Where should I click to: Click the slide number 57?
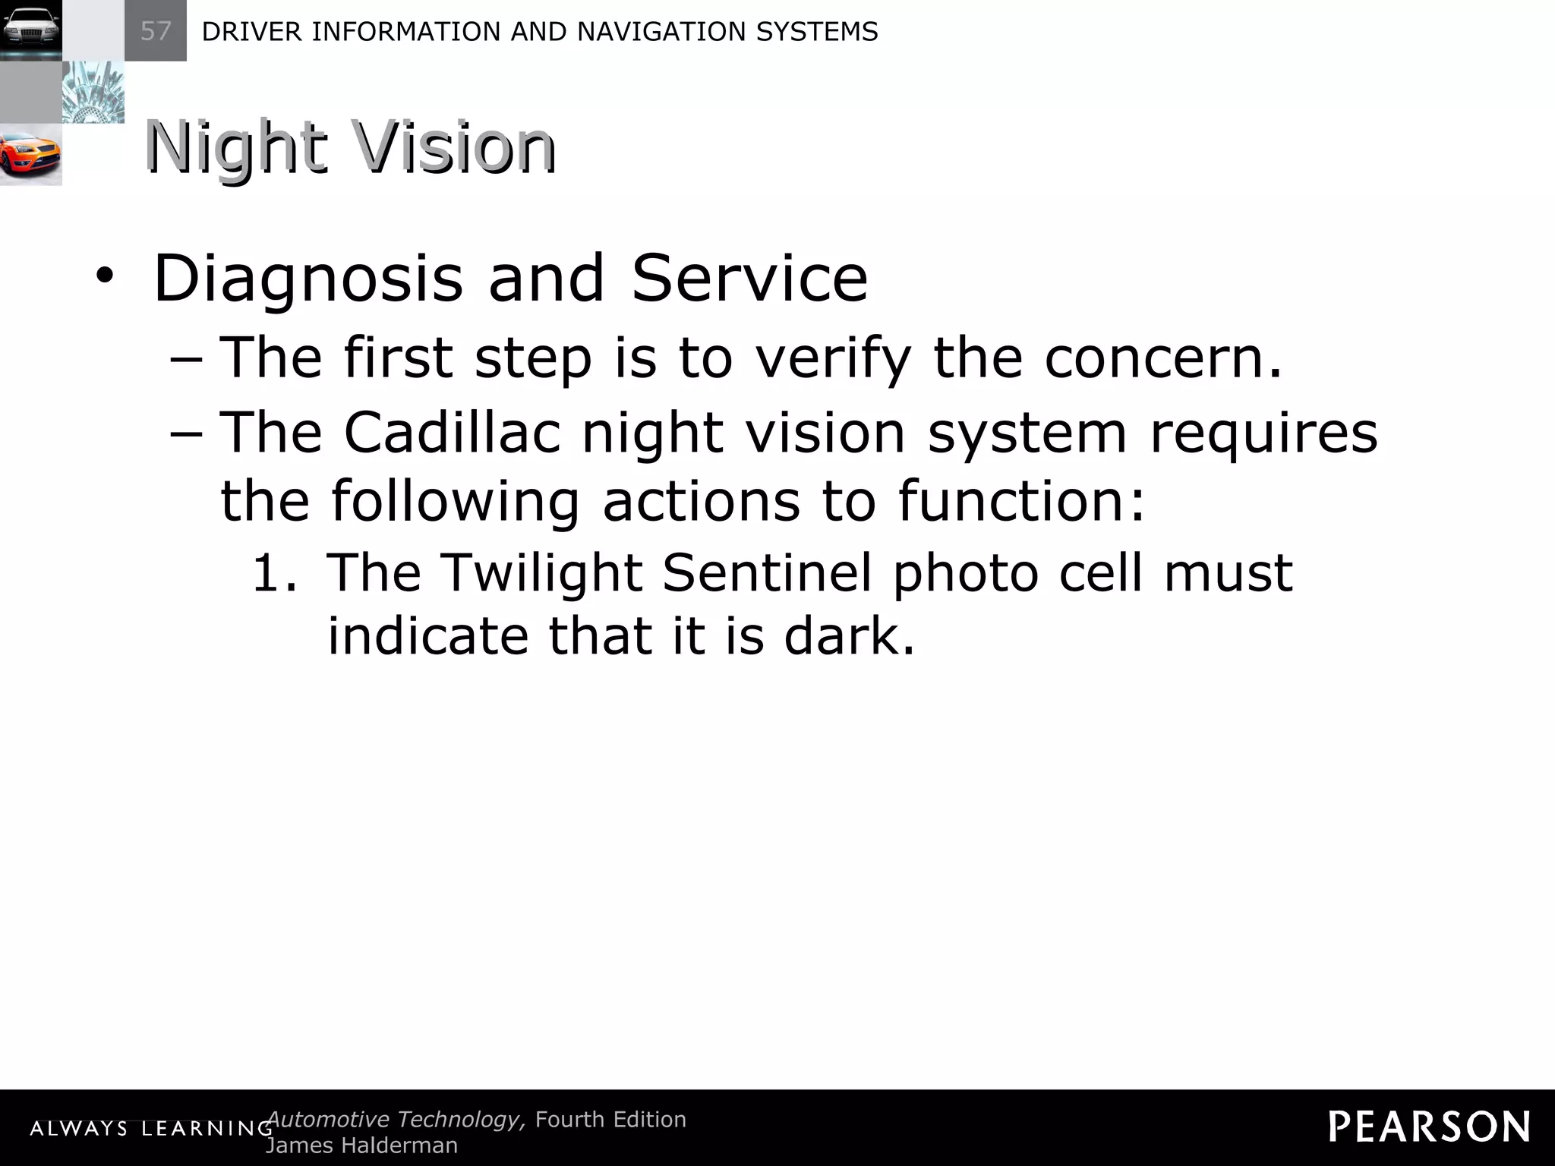tap(156, 31)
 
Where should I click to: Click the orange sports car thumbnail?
tap(30, 154)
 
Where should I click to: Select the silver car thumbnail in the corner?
tap(30, 30)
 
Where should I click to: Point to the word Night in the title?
tap(236, 148)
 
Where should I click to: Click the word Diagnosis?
tap(308, 279)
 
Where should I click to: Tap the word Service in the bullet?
tap(749, 279)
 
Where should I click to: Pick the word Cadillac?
tap(453, 432)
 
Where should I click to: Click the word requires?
tap(1263, 433)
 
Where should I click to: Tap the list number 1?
tap(273, 572)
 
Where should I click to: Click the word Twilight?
tap(541, 573)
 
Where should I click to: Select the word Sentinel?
tap(767, 572)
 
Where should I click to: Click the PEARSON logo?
tap(1429, 1127)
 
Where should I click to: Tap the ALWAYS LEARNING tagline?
tap(151, 1129)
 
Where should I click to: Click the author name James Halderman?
tap(361, 1146)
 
